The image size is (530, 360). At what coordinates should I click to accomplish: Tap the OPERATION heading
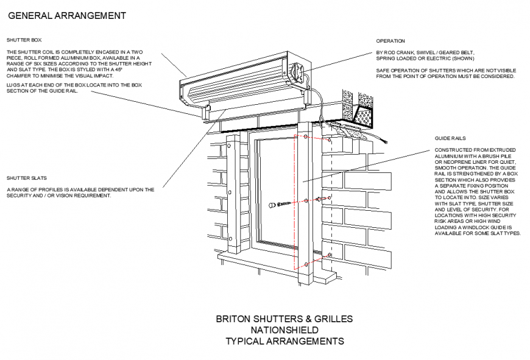(x=390, y=41)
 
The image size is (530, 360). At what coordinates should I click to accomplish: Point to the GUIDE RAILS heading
(x=450, y=138)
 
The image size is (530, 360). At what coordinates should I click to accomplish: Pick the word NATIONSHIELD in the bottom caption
(x=284, y=330)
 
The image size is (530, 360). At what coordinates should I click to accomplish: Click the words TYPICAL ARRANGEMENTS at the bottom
(x=284, y=341)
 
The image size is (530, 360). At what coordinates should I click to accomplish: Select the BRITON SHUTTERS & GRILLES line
(x=284, y=319)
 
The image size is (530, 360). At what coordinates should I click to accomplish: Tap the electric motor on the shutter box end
(x=298, y=72)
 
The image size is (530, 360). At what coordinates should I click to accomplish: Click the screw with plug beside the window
(x=281, y=203)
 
